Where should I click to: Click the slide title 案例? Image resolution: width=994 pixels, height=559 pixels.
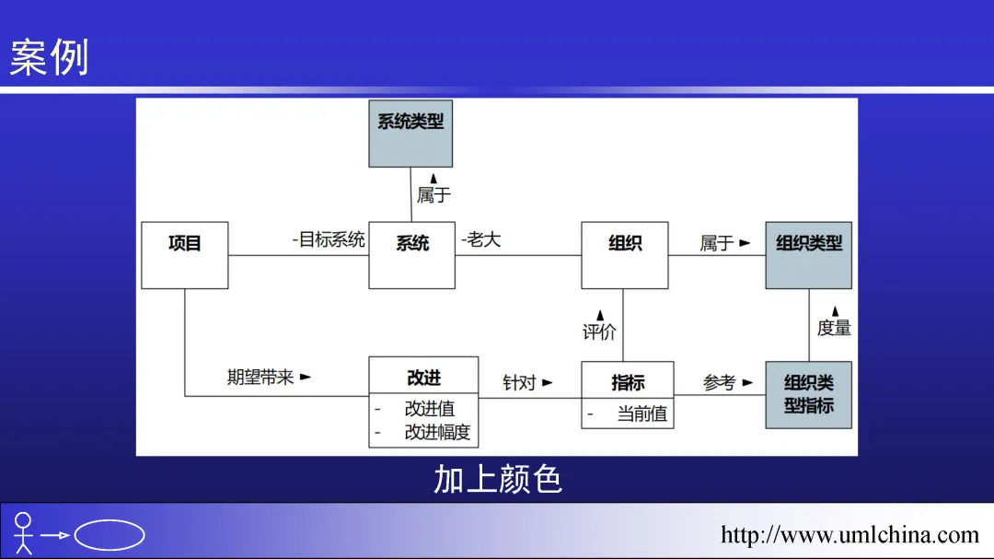click(x=50, y=57)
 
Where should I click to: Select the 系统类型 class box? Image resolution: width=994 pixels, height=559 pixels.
click(x=410, y=133)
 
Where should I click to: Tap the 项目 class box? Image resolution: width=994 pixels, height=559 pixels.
click(x=184, y=254)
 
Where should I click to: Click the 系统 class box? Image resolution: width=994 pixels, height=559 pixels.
click(x=411, y=254)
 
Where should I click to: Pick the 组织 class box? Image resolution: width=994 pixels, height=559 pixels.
click(x=625, y=254)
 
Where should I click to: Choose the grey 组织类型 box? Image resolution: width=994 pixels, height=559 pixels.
click(x=808, y=254)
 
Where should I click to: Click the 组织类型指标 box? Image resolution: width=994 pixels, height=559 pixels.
click(x=808, y=394)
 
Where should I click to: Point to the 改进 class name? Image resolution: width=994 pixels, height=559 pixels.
click(x=423, y=378)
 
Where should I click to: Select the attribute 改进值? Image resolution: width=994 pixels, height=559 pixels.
click(x=429, y=409)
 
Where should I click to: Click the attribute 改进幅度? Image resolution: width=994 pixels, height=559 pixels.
click(x=437, y=432)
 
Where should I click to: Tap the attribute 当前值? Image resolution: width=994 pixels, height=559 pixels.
click(x=641, y=413)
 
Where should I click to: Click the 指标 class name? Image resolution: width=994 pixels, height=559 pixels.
click(x=628, y=382)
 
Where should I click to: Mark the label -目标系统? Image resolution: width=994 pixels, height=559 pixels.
click(x=329, y=240)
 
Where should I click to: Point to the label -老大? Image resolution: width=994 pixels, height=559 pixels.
click(x=480, y=240)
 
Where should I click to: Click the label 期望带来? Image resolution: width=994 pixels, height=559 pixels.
click(x=261, y=378)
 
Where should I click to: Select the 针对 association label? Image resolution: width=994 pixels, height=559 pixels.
click(x=520, y=382)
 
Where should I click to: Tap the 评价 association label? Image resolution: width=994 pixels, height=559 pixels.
click(x=599, y=332)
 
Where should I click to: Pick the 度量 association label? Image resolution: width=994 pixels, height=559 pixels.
click(x=834, y=327)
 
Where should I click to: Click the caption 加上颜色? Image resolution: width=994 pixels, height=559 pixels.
click(x=497, y=480)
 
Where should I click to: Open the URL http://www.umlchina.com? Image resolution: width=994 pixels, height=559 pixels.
click(x=850, y=535)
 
